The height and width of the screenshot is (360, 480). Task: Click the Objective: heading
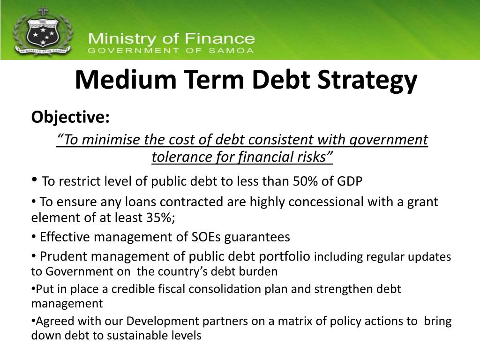[70, 117]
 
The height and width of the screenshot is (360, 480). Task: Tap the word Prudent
[63, 256]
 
